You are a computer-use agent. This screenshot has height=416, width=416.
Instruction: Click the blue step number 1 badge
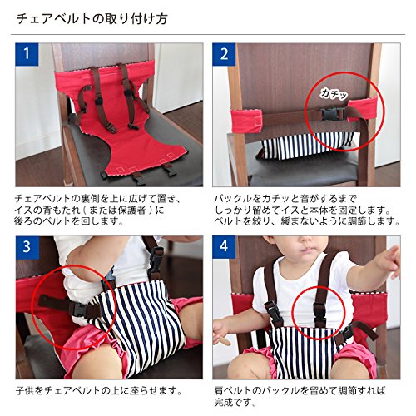click(x=27, y=54)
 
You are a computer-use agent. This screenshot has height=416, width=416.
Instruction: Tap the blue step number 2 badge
click(x=224, y=54)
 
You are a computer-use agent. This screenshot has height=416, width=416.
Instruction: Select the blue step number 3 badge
click(x=27, y=247)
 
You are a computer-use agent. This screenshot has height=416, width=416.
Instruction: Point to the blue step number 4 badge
click(x=224, y=247)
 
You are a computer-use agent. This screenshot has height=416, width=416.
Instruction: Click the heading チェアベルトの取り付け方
click(x=92, y=19)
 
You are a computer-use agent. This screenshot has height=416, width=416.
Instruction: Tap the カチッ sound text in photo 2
click(x=334, y=94)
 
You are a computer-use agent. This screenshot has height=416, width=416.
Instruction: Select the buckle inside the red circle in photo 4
click(x=319, y=313)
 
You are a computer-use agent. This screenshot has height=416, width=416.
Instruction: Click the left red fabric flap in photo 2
click(x=247, y=120)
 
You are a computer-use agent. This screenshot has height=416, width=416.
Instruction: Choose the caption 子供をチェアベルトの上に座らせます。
click(x=99, y=391)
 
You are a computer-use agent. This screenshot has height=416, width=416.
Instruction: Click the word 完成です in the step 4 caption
click(x=235, y=402)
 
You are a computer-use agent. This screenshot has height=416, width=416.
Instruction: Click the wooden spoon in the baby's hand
click(x=225, y=339)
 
